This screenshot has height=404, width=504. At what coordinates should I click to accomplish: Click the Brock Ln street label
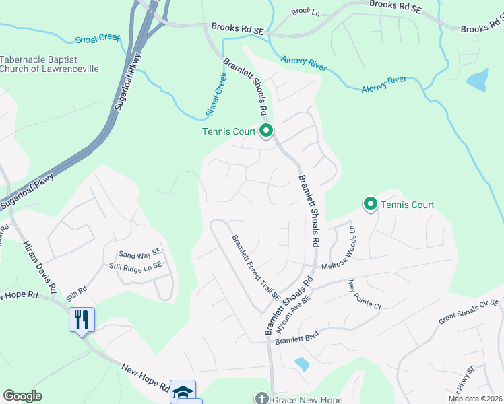(304, 12)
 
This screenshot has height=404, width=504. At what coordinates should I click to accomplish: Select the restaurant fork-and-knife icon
(82, 318)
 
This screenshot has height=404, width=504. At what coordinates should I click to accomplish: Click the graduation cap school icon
(183, 391)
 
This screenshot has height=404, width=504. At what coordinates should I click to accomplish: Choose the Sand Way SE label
(139, 255)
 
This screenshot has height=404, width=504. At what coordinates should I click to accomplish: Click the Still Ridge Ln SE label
(135, 266)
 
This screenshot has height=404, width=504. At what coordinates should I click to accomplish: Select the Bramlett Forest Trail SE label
(256, 267)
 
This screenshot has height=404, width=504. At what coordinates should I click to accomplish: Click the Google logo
(22, 396)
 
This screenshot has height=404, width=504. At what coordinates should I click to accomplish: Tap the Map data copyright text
(476, 399)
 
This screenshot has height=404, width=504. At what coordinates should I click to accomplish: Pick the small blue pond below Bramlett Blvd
(302, 364)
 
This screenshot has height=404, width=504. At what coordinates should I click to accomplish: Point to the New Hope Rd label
(146, 377)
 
